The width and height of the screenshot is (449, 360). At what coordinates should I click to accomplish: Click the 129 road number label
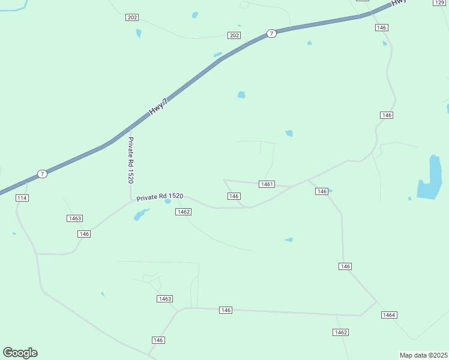[440, 3]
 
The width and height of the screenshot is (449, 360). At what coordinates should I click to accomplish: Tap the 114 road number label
[23, 198]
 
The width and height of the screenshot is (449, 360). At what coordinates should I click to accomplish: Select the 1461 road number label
[267, 184]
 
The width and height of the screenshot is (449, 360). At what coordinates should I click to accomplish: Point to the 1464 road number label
[389, 315]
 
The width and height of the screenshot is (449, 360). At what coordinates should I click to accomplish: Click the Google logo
[20, 352]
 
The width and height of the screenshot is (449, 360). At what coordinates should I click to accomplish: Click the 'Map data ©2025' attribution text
[423, 355]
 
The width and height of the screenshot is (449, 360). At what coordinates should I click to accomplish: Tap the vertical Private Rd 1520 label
[130, 160]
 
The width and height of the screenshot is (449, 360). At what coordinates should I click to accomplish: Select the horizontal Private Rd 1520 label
[159, 197]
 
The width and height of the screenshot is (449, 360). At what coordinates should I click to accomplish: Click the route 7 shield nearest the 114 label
[42, 174]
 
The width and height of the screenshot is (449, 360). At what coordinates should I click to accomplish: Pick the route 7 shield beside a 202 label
[272, 34]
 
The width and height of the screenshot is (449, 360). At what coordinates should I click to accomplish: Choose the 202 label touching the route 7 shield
[234, 36]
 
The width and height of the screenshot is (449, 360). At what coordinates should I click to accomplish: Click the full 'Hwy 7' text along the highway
[158, 108]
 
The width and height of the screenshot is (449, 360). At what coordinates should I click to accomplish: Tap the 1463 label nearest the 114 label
[74, 218]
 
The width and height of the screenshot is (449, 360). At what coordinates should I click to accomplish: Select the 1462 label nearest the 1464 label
[341, 332]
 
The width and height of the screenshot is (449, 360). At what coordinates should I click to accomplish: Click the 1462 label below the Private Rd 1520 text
[184, 212]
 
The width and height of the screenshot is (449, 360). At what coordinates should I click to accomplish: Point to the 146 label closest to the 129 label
[382, 28]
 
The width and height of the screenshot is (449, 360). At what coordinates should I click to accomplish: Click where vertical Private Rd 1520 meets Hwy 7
[131, 128]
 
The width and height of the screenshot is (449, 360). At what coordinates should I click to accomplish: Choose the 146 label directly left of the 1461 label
[234, 196]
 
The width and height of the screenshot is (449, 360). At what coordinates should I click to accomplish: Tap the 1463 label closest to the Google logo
[164, 299]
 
